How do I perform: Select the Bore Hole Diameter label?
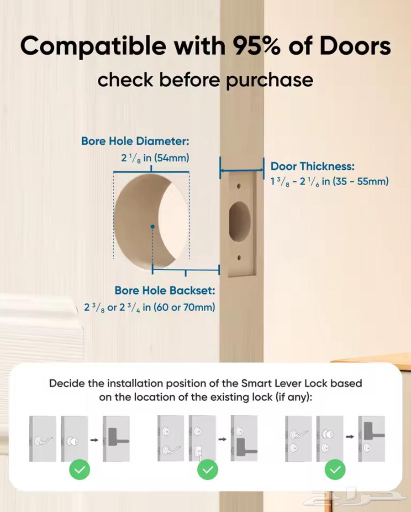(135, 141)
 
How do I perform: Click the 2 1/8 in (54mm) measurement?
(155, 158)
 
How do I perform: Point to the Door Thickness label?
(312, 166)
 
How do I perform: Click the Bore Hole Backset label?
(164, 290)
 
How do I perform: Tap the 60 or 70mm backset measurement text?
(184, 307)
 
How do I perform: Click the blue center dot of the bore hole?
(152, 226)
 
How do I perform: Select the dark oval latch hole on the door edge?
(239, 222)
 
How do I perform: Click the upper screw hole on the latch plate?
(239, 186)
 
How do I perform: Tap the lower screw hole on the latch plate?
(239, 258)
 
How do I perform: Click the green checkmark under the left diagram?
(79, 470)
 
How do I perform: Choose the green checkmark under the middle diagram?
(208, 470)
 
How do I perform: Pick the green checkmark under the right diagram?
(335, 470)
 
